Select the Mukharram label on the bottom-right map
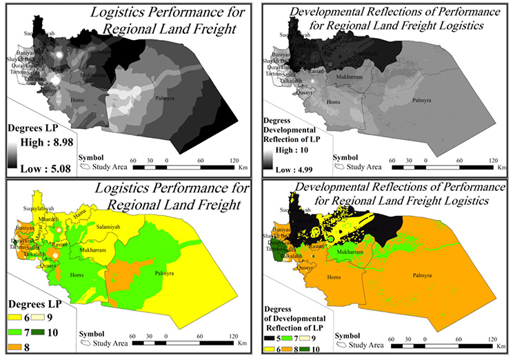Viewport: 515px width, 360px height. [x=349, y=252]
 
